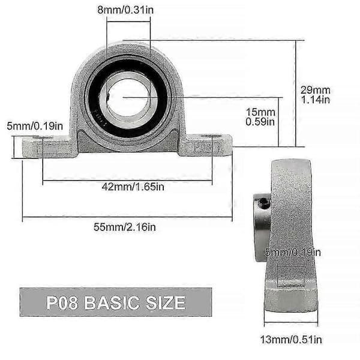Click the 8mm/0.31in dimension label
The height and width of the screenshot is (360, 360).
(x=125, y=10)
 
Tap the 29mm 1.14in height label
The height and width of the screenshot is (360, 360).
(x=316, y=95)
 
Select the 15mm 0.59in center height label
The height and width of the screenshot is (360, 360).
(x=260, y=117)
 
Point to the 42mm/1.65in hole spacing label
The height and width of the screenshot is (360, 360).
(x=133, y=187)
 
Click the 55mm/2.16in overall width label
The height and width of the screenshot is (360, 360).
(x=125, y=227)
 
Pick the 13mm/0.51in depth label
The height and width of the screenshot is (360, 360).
(x=291, y=340)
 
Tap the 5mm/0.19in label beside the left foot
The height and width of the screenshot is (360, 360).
(x=35, y=126)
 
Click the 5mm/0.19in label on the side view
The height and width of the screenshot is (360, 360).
(x=293, y=253)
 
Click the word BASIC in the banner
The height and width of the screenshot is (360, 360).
(x=112, y=302)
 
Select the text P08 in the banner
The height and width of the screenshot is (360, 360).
(x=62, y=302)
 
